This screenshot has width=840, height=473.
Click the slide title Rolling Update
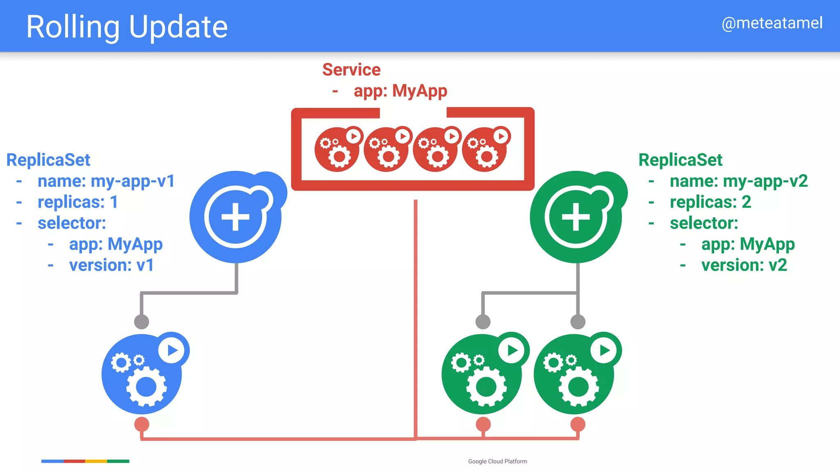(x=127, y=27)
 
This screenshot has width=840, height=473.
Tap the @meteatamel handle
(x=772, y=23)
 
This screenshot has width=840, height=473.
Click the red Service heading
(x=352, y=70)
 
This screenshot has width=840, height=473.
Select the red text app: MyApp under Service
(x=400, y=91)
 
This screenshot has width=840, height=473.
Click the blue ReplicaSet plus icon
(x=235, y=217)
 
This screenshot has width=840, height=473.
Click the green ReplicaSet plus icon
(x=576, y=217)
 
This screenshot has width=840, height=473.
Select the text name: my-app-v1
(x=106, y=181)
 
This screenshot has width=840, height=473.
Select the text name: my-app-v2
(x=738, y=181)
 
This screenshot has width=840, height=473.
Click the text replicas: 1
(x=78, y=202)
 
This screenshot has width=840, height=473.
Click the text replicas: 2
(x=710, y=202)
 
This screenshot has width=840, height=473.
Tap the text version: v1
(x=111, y=265)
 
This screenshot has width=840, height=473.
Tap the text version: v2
(x=744, y=265)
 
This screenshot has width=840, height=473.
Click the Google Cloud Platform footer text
(x=498, y=462)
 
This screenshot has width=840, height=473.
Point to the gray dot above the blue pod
(x=142, y=322)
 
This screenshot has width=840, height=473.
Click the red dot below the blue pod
(x=142, y=424)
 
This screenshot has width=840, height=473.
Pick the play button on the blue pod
(x=172, y=350)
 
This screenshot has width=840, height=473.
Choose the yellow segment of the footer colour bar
(x=96, y=461)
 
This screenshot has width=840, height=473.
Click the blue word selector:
(x=72, y=223)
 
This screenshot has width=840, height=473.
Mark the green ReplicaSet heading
(x=680, y=160)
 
